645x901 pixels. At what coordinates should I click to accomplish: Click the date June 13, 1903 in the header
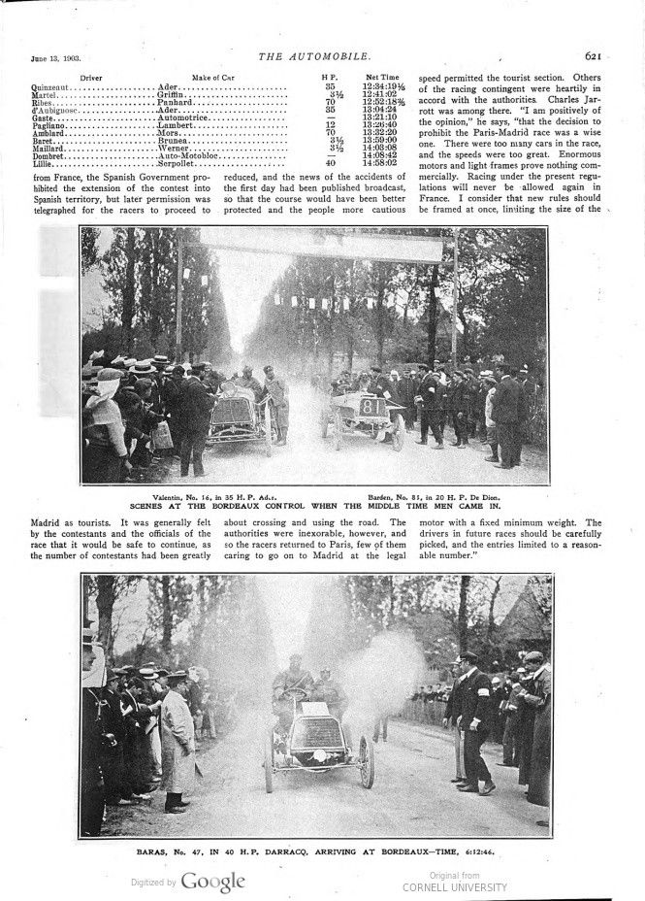pyautogui.click(x=42, y=60)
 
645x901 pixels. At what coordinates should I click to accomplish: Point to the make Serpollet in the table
pyautogui.click(x=178, y=163)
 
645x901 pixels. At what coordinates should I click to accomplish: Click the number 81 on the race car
pyautogui.click(x=371, y=405)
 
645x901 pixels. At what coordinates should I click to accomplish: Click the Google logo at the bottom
pyautogui.click(x=212, y=883)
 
